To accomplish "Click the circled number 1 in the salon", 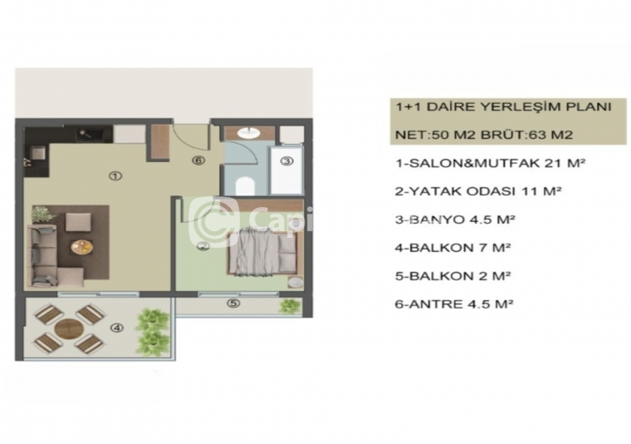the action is point(115,176).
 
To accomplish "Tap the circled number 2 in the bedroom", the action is point(203,247).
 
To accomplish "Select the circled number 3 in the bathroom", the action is point(286,161).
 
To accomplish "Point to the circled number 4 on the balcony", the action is point(117,328).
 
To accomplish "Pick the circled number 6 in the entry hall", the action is point(198,160).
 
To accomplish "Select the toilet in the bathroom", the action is point(246,185).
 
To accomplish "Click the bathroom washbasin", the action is point(250,133).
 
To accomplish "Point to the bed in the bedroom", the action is point(263,253).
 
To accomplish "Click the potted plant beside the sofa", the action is point(43,215).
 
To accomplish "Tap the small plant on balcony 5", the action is point(290,306).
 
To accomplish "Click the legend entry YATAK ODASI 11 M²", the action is point(478,191).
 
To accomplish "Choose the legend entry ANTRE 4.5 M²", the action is point(455,303).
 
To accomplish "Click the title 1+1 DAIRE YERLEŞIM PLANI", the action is point(503,106).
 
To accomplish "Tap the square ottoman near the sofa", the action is point(79,222).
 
